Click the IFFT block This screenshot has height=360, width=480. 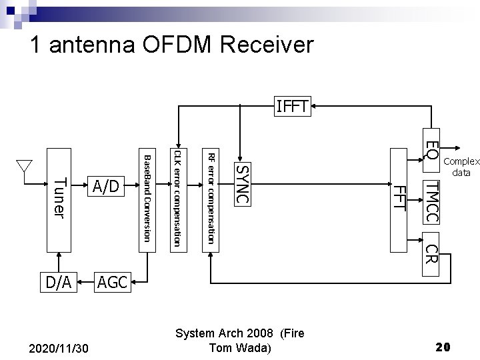294,107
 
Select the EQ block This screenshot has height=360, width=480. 432,150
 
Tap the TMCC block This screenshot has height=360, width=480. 432,201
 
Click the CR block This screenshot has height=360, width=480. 432,253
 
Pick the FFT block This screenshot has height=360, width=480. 399,200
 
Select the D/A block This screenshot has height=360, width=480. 59,282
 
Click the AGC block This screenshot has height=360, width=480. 113,282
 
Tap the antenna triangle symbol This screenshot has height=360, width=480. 25,165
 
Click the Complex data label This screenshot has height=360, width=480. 461,167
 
